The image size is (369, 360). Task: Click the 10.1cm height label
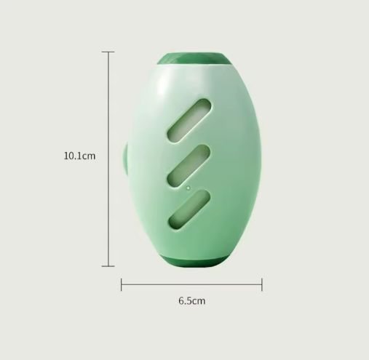point(79,156)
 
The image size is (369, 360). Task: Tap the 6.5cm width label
point(192,301)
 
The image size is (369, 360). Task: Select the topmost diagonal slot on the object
point(189,121)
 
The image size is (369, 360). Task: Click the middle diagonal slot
point(189,166)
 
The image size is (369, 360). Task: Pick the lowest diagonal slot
point(189,209)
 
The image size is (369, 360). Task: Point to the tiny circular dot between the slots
point(189,188)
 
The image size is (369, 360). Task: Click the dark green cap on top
point(194,59)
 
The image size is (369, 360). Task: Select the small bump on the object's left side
point(124,159)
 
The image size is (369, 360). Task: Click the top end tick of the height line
point(108,52)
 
